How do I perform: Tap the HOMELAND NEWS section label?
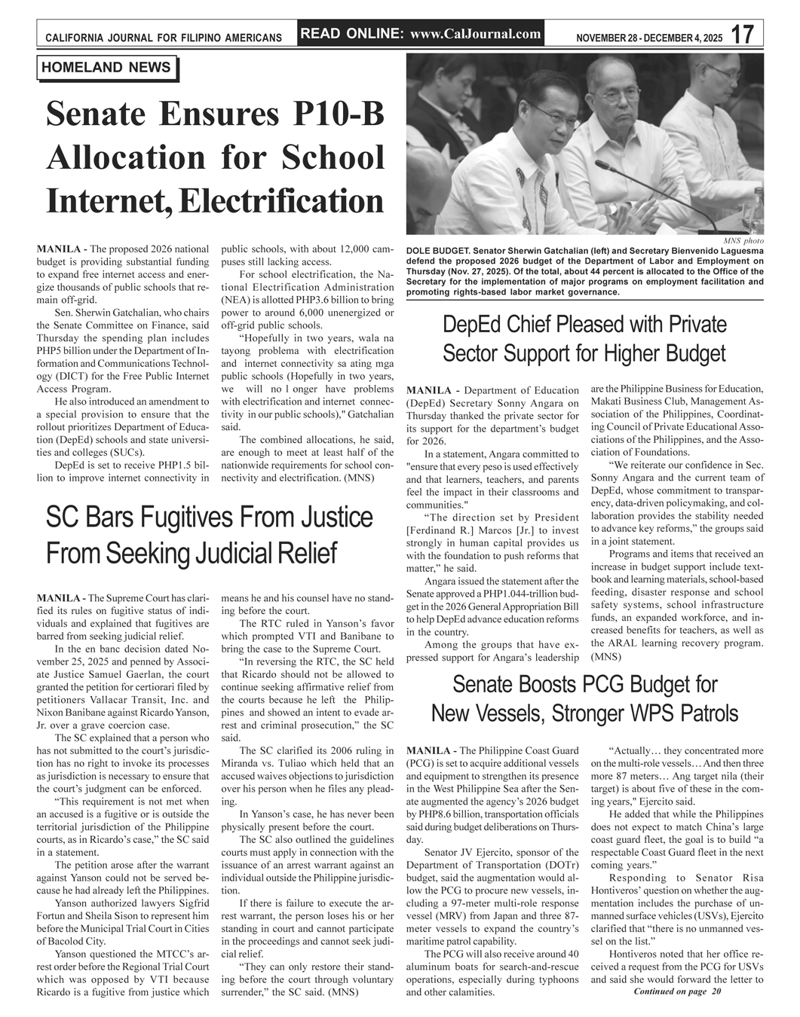point(106,68)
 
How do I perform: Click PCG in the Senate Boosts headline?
point(592,685)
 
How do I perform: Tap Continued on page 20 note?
point(677,991)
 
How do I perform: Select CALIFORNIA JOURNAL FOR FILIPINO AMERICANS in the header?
point(164,38)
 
